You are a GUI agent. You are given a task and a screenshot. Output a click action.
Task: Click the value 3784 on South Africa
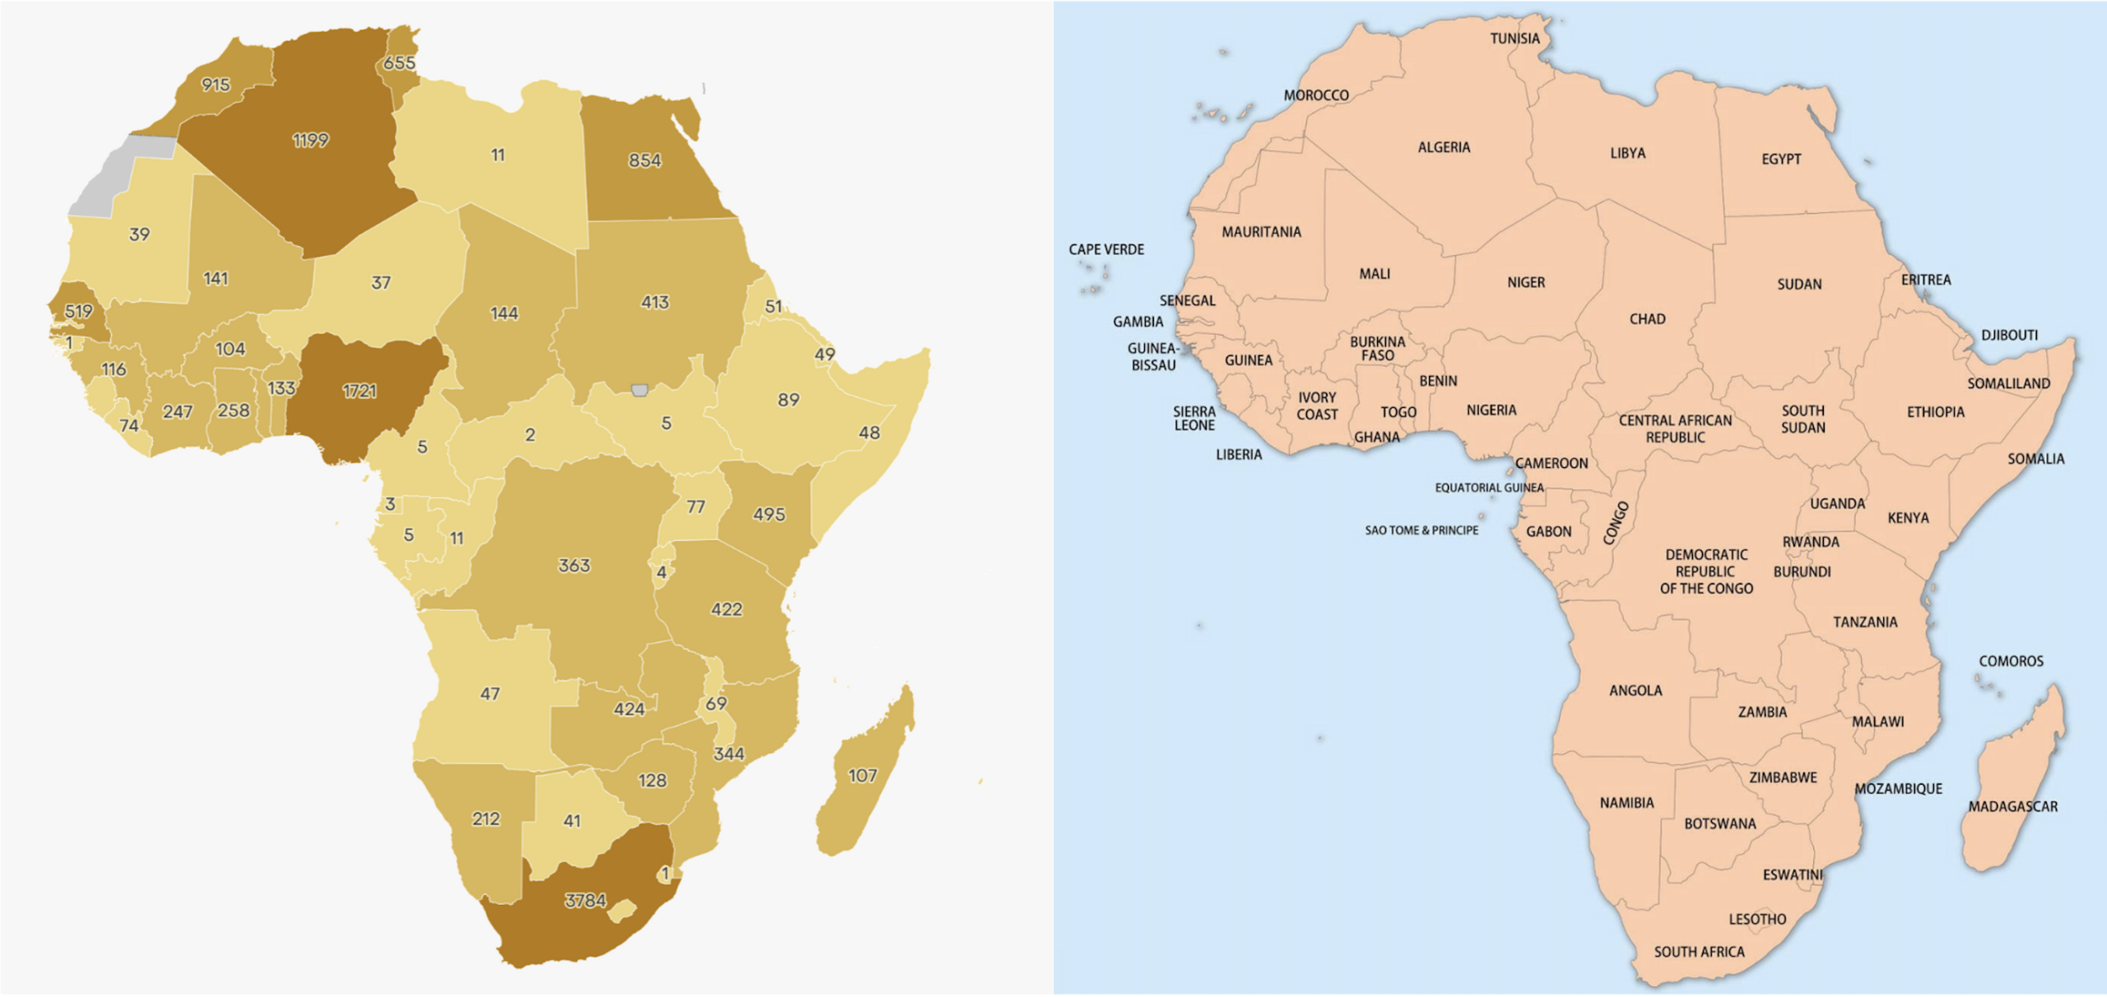tap(585, 901)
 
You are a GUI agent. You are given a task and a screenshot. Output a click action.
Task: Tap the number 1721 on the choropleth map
tap(360, 391)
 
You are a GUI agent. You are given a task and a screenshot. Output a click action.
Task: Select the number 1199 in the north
tap(310, 141)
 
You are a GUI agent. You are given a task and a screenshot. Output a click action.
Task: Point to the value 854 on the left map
tap(644, 160)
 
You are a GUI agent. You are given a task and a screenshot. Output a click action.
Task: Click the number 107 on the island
tap(862, 776)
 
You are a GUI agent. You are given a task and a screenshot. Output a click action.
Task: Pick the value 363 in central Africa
tap(574, 566)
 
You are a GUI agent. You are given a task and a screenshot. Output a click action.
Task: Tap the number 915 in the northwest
tap(216, 85)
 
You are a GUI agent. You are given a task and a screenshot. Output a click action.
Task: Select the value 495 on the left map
tap(769, 515)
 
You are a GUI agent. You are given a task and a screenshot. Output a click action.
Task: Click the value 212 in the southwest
tap(486, 819)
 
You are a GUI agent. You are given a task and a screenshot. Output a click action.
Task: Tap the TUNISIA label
tap(1514, 39)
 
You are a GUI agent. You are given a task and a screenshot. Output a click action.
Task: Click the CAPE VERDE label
tap(1106, 249)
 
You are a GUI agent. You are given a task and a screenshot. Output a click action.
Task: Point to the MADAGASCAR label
tap(2012, 807)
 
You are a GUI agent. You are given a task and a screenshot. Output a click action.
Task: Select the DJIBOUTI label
tap(2009, 335)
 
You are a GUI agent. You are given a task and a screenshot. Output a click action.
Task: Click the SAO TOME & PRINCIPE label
tap(1421, 531)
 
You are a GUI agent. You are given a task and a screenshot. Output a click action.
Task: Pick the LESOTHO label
tap(1757, 919)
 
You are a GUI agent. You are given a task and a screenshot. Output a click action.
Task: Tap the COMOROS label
tap(2011, 661)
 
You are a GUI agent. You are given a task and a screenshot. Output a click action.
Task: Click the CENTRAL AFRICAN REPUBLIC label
tap(1675, 429)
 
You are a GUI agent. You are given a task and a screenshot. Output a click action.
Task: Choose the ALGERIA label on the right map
tap(1444, 147)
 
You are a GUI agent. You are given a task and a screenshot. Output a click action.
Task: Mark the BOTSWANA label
tap(1719, 823)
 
